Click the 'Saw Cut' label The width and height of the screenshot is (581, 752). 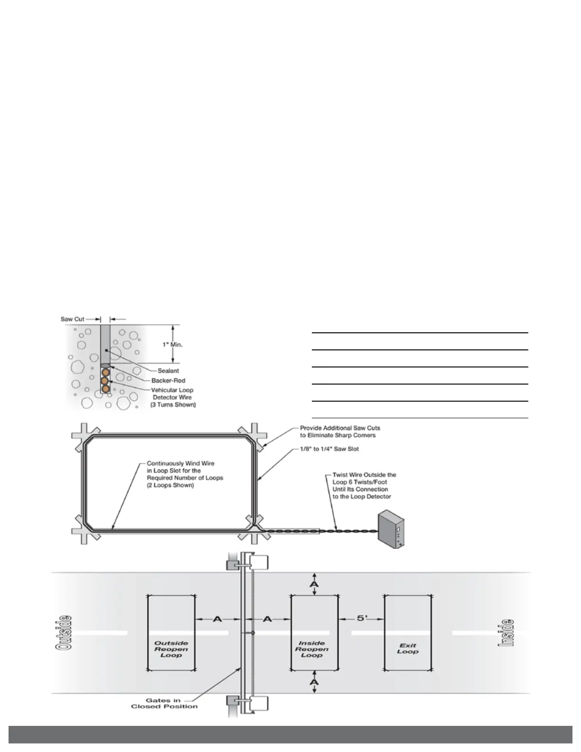[x=72, y=319]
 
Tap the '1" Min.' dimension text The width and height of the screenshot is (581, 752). [x=173, y=344]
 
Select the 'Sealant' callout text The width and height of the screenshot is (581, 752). [x=168, y=371]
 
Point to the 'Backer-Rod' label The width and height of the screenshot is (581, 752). [x=168, y=381]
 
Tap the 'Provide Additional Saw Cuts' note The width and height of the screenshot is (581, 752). [x=339, y=432]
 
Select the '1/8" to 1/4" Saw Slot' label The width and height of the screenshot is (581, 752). [x=329, y=449]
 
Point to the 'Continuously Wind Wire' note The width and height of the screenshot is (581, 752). [x=185, y=474]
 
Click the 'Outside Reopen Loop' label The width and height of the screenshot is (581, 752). [x=171, y=649]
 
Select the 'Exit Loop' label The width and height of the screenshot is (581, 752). [x=408, y=649]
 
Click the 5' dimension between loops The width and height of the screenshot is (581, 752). [x=362, y=619]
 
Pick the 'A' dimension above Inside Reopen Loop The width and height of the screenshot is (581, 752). [x=314, y=583]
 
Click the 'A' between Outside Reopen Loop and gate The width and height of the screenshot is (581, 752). [x=217, y=619]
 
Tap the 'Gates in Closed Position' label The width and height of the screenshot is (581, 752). [x=164, y=703]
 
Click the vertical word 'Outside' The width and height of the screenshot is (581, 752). [x=65, y=632]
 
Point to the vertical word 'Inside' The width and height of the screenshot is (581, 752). [x=506, y=632]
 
